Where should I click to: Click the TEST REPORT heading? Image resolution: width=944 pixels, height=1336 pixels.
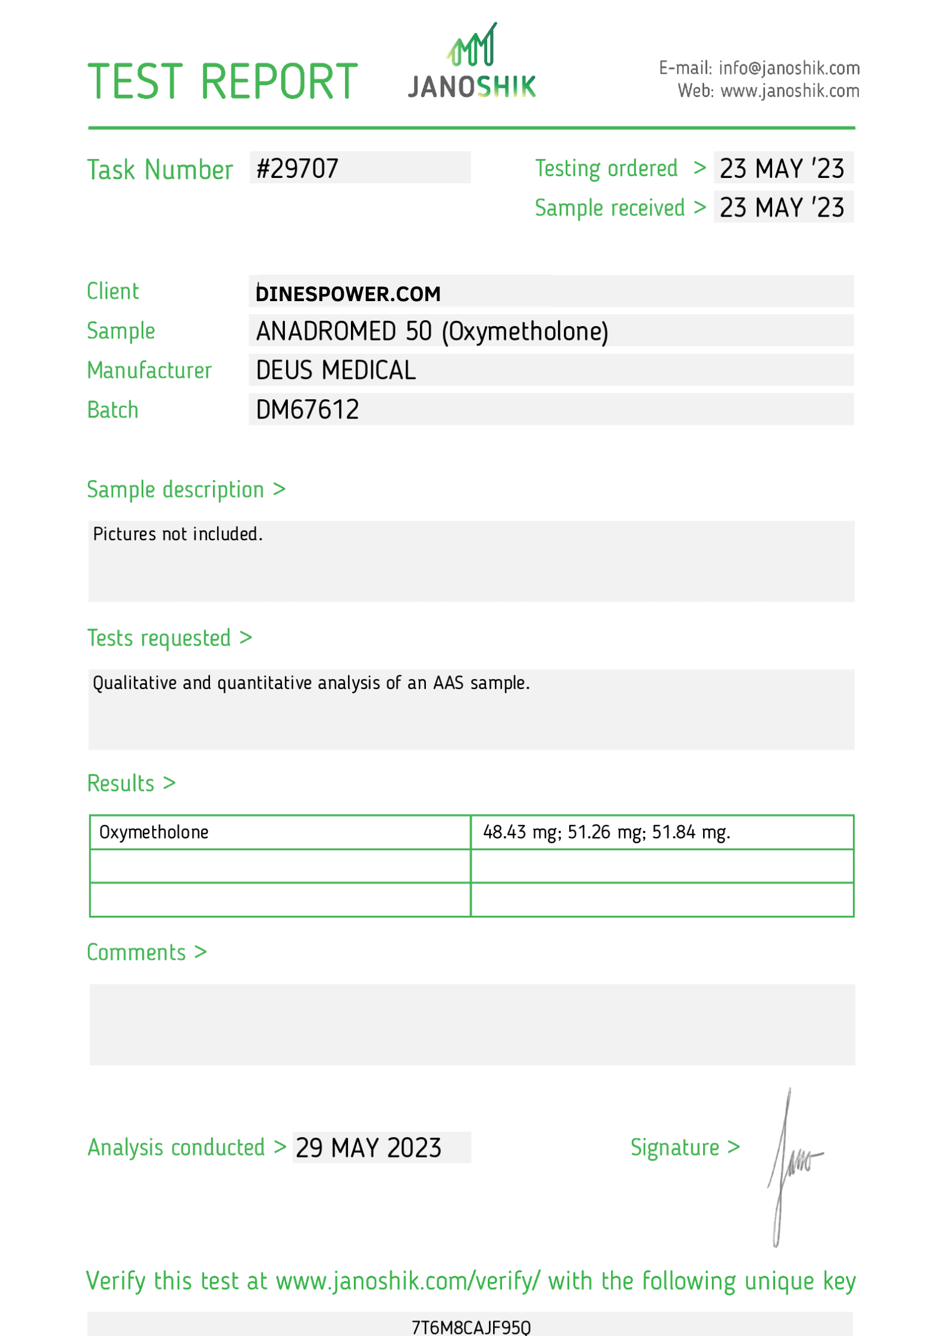[222, 82]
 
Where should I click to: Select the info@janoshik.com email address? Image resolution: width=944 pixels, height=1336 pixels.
[789, 68]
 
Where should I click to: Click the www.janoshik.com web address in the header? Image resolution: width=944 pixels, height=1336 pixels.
[789, 91]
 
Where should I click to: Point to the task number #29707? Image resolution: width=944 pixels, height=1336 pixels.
[297, 168]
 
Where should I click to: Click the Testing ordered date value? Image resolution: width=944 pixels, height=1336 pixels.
[782, 168]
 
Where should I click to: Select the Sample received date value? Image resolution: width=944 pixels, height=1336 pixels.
[782, 208]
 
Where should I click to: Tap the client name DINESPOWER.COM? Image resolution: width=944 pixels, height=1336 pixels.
[348, 294]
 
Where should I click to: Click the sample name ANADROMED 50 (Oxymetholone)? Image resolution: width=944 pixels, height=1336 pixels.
[432, 331]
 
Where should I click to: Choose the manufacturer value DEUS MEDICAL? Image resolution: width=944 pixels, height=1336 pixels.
[335, 370]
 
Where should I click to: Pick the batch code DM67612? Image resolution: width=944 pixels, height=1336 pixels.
[307, 410]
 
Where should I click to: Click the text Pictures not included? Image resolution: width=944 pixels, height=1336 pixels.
[177, 534]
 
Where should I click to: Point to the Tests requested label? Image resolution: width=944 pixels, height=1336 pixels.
[159, 638]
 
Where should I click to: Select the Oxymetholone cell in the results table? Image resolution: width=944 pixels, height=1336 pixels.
[153, 832]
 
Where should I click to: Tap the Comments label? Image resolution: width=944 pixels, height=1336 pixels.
[136, 952]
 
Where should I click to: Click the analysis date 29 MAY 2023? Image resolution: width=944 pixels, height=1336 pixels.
[368, 1148]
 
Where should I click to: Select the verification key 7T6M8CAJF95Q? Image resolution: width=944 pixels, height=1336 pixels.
[471, 1326]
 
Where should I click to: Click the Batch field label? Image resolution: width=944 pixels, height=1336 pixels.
[112, 410]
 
